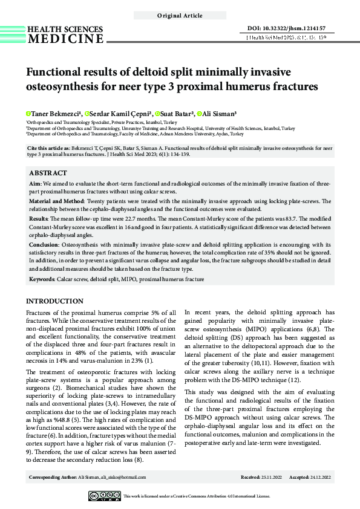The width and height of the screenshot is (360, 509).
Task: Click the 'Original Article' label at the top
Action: [x=180, y=15]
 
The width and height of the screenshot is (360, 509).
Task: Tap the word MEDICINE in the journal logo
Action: [x=66, y=39]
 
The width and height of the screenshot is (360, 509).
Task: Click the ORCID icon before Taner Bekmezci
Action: [x=28, y=113]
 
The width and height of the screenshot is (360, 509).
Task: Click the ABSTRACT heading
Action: [x=48, y=172]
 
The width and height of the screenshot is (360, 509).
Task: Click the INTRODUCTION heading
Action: [x=58, y=301]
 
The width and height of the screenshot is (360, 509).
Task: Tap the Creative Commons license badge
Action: [x=104, y=496]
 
